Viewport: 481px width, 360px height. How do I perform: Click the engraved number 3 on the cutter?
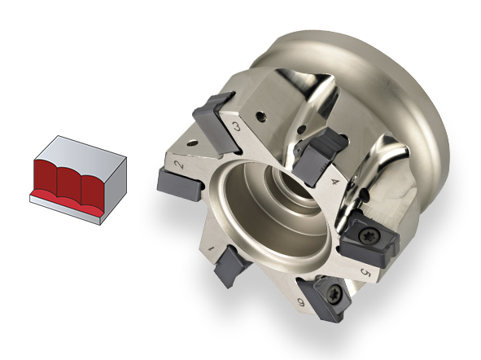coord(237,125)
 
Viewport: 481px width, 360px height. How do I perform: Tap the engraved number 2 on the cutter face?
coord(179,165)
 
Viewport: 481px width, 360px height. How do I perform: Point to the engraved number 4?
coord(336,182)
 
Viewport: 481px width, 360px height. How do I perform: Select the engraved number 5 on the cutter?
coord(366,272)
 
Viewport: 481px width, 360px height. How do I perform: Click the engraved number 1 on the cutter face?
coord(211,248)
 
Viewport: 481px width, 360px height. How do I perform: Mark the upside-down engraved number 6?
coord(301,303)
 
